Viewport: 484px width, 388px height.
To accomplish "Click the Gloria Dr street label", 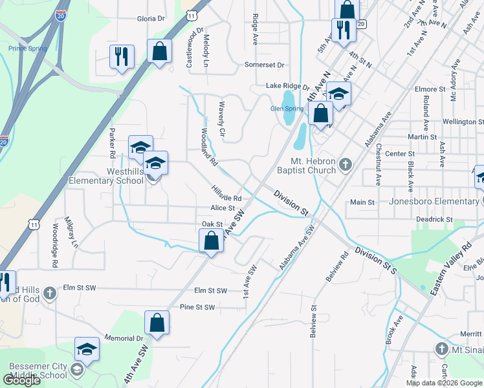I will tap(151, 19).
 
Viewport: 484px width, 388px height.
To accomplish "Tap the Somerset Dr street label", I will tap(265, 65).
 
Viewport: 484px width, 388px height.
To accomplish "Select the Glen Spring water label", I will tap(287, 109).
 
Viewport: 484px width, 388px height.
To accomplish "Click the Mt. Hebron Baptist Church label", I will tap(314, 166).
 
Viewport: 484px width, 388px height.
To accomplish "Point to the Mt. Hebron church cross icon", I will tap(346, 165).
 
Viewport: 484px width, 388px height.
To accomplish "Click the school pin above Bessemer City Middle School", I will tap(87, 350).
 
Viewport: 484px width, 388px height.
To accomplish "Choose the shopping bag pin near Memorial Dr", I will tap(157, 323).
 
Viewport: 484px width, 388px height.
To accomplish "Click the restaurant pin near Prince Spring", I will tap(122, 57).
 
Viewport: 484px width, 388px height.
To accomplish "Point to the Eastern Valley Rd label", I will tap(452, 266).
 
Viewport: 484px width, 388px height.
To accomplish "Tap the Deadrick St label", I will tap(434, 220).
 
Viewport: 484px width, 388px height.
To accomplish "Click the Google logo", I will tap(22, 380).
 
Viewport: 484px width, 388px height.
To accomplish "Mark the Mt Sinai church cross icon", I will tap(441, 350).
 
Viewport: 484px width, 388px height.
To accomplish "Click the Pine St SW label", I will tap(197, 307).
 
